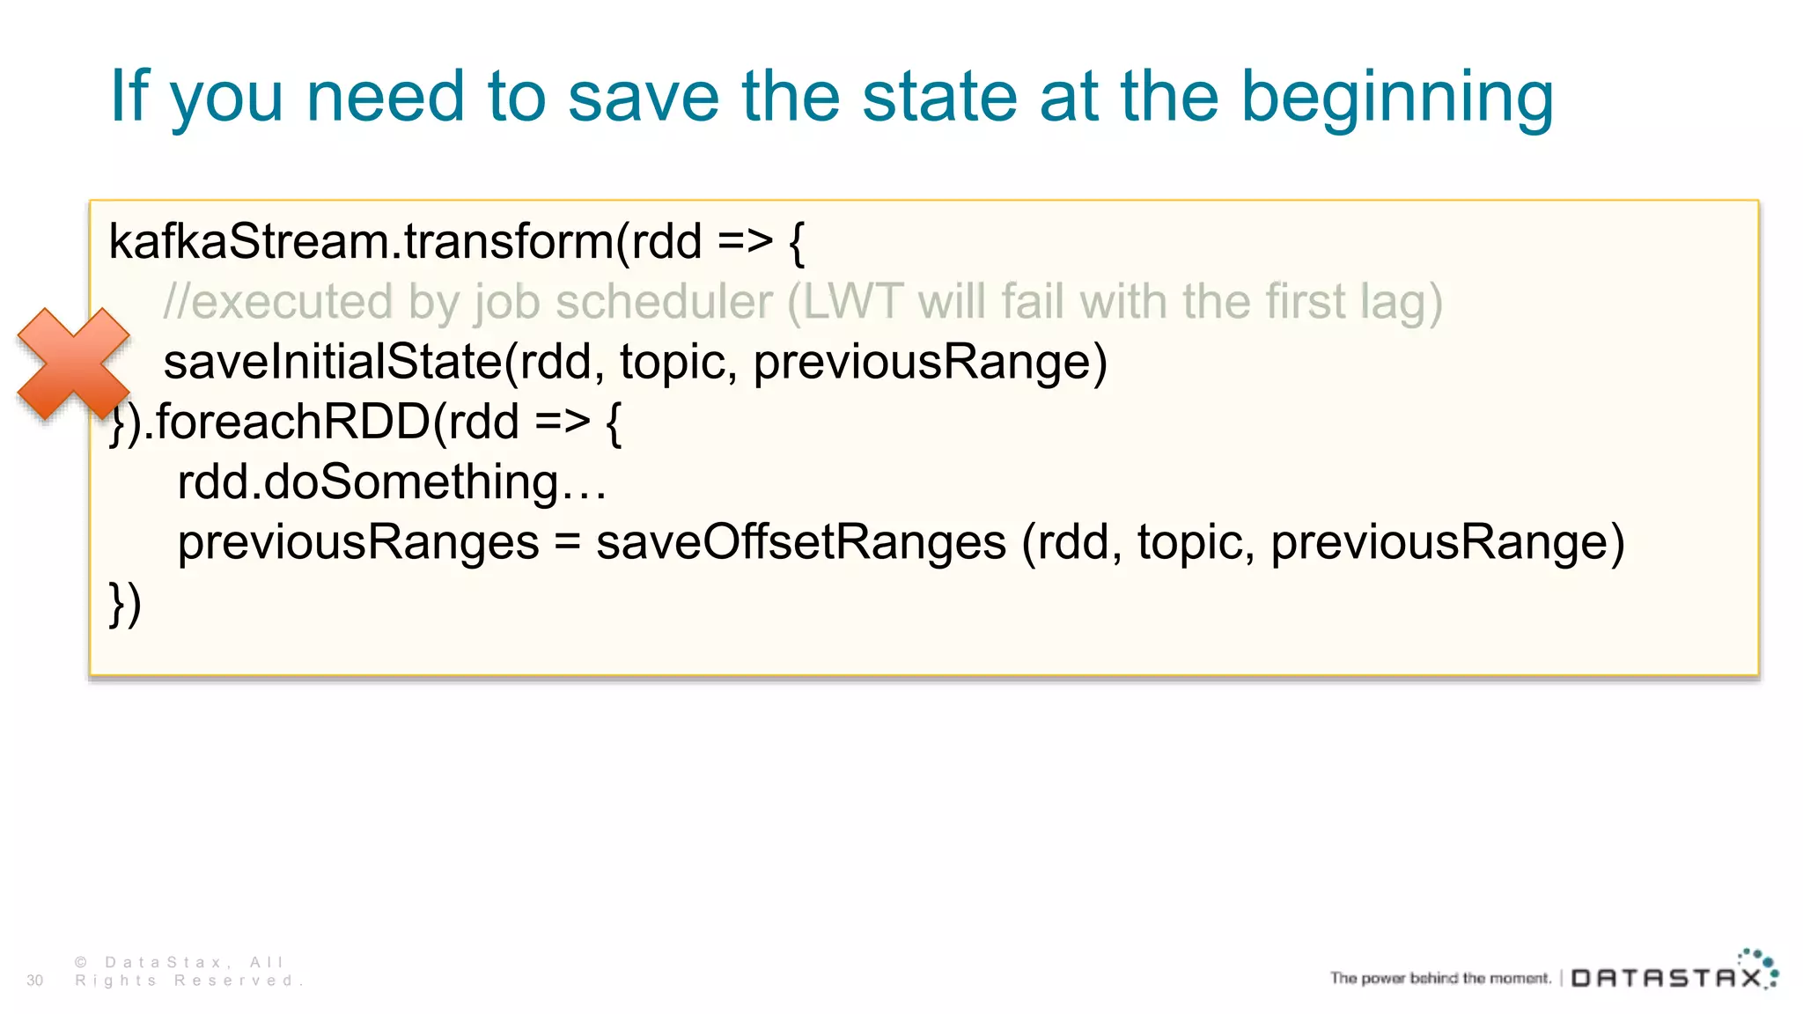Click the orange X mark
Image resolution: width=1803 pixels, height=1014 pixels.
tap(74, 364)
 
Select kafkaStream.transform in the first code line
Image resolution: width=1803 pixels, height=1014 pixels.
tap(361, 241)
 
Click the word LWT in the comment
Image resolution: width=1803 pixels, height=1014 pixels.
tap(852, 302)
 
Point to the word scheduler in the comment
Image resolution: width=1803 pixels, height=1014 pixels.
tap(664, 302)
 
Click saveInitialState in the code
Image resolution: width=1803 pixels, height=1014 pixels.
tap(332, 362)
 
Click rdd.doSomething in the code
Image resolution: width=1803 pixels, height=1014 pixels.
tap(392, 482)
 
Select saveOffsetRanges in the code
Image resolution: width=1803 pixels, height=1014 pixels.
tap(800, 542)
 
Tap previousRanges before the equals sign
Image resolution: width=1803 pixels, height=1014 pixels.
tap(358, 542)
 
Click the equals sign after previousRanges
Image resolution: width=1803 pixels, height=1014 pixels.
tap(568, 543)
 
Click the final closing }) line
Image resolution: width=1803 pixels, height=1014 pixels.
tap(125, 604)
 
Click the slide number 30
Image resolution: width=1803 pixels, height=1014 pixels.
tap(35, 981)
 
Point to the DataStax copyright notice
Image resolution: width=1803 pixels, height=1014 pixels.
tap(188, 972)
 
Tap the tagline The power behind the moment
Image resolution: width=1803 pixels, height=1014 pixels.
tap(1439, 978)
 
